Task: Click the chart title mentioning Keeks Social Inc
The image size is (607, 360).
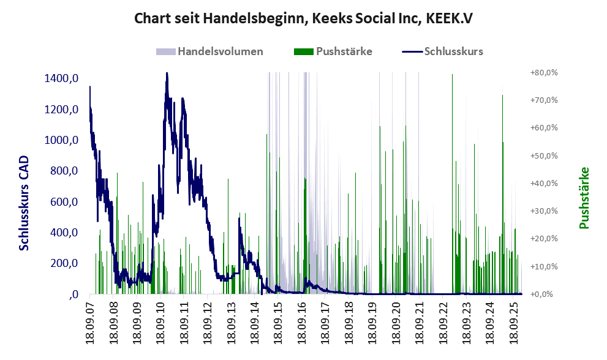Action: point(303,19)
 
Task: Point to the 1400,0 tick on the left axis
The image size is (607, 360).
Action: point(61,78)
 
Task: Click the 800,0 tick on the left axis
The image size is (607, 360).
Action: point(64,171)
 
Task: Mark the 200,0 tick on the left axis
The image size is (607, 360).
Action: point(64,263)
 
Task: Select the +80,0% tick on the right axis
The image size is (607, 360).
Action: point(544,73)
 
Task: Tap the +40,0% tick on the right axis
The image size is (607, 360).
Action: point(544,183)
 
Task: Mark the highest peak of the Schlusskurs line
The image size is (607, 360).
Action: point(166,74)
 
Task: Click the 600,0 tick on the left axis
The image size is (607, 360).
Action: point(64,202)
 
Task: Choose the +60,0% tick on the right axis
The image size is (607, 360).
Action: point(544,128)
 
